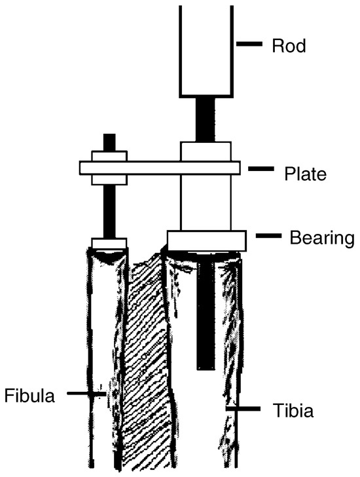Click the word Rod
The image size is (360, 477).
pos(289,46)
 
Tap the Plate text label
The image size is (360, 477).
pos(305,174)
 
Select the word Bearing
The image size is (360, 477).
pos(322,238)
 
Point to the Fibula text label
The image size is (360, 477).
pos(29,396)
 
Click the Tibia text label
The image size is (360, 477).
pos(293,410)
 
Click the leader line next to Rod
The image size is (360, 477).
pos(249,44)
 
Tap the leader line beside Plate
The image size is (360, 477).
pos(261,168)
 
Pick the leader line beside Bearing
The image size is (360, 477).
pos(268,235)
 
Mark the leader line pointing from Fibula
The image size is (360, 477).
pos(86,394)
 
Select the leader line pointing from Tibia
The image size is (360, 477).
pos(243,409)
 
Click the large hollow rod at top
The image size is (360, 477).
pos(206,52)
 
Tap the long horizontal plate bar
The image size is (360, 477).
pos(160,168)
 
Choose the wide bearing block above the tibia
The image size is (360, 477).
pos(207,240)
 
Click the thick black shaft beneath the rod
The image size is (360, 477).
pos(206,120)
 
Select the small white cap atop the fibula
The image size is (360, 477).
pos(109,243)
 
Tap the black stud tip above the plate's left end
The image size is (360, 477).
pos(109,142)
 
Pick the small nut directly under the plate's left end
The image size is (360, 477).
pos(109,180)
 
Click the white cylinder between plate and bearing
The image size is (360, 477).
pos(206,202)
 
